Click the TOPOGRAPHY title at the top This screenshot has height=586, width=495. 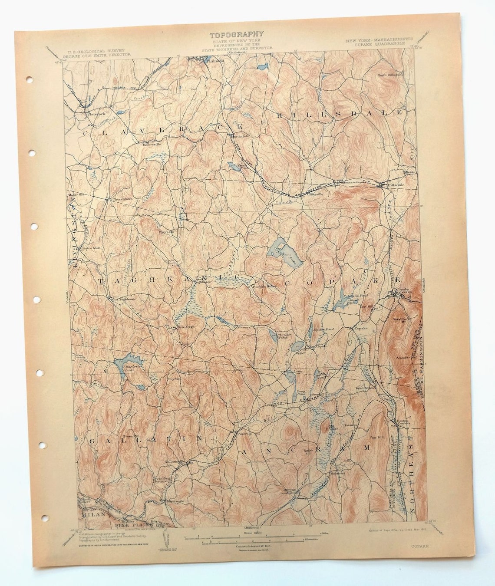click(237, 35)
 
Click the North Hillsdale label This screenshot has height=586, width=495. click(390, 75)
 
